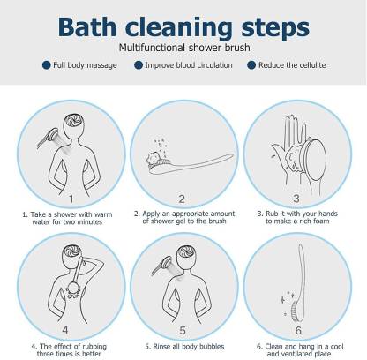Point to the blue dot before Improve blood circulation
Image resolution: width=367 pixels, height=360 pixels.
(x=139, y=64)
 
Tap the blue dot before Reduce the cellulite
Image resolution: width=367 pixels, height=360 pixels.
(x=251, y=64)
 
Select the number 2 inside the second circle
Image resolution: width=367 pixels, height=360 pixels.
(x=182, y=199)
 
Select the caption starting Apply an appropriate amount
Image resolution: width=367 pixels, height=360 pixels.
(x=183, y=213)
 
